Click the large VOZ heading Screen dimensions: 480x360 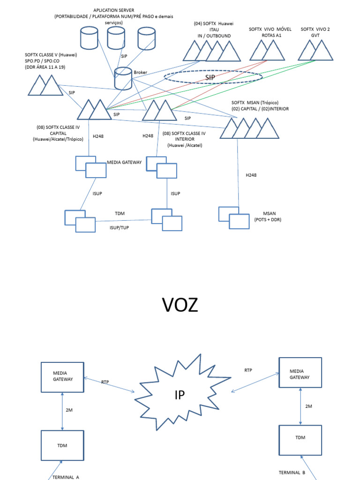click(180, 305)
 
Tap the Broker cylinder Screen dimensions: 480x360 click(123, 78)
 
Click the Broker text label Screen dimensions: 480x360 click(141, 73)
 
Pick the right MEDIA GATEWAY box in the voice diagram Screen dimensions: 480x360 click(300, 373)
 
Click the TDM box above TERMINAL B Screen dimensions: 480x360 click(300, 440)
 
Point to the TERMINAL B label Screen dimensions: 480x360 click(292, 472)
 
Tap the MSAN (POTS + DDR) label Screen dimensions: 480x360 click(268, 216)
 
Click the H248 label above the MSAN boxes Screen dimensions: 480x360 click(252, 175)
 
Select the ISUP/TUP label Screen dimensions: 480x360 click(119, 228)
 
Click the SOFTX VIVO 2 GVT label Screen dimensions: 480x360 click(315, 32)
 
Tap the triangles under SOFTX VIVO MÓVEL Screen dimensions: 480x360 click(267, 50)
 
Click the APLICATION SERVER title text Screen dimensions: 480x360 click(114, 10)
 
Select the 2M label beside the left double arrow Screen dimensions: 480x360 click(69, 409)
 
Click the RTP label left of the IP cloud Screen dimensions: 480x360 click(105, 382)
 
